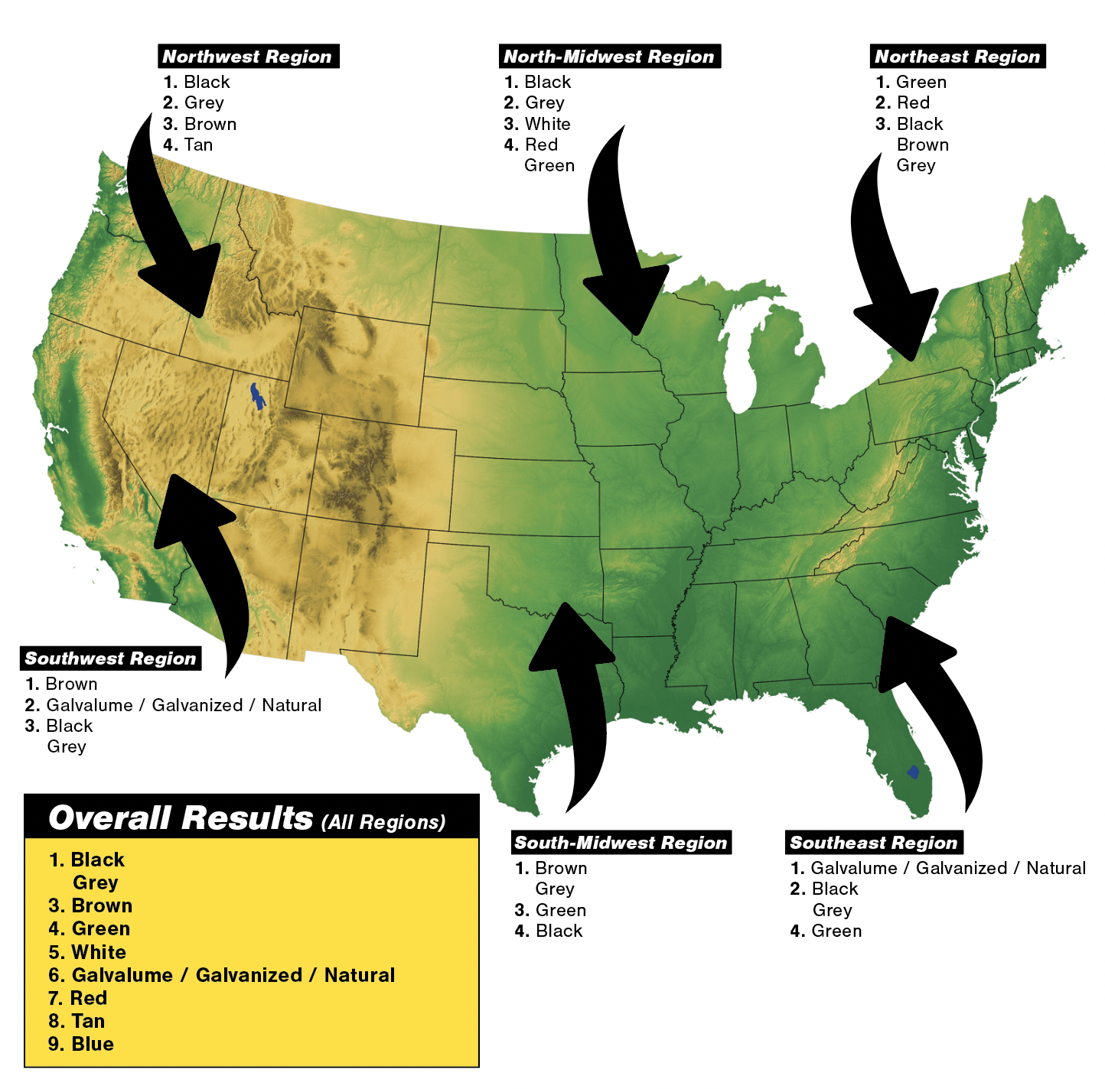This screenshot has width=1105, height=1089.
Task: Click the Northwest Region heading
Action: tap(247, 57)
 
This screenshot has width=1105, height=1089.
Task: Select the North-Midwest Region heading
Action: tap(608, 57)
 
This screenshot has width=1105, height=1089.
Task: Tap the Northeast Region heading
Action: tap(957, 57)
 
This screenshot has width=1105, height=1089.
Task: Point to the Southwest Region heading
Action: tap(110, 658)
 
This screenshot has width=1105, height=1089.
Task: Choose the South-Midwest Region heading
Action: tap(621, 843)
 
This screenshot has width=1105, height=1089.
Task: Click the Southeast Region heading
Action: tap(873, 843)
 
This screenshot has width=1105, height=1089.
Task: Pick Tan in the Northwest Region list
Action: tap(198, 145)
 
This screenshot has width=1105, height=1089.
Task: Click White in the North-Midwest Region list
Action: tap(547, 124)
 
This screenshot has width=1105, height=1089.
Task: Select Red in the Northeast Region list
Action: tap(913, 102)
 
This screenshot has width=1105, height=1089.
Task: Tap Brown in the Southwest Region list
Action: tap(71, 684)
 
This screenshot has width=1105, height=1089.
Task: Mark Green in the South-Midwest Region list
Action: tap(561, 910)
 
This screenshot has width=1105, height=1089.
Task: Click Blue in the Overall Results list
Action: tap(92, 1044)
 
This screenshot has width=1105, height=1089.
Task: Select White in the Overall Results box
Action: tap(98, 952)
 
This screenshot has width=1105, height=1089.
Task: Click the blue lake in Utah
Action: tap(258, 396)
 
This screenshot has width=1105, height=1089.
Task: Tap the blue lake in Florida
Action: tap(913, 772)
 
